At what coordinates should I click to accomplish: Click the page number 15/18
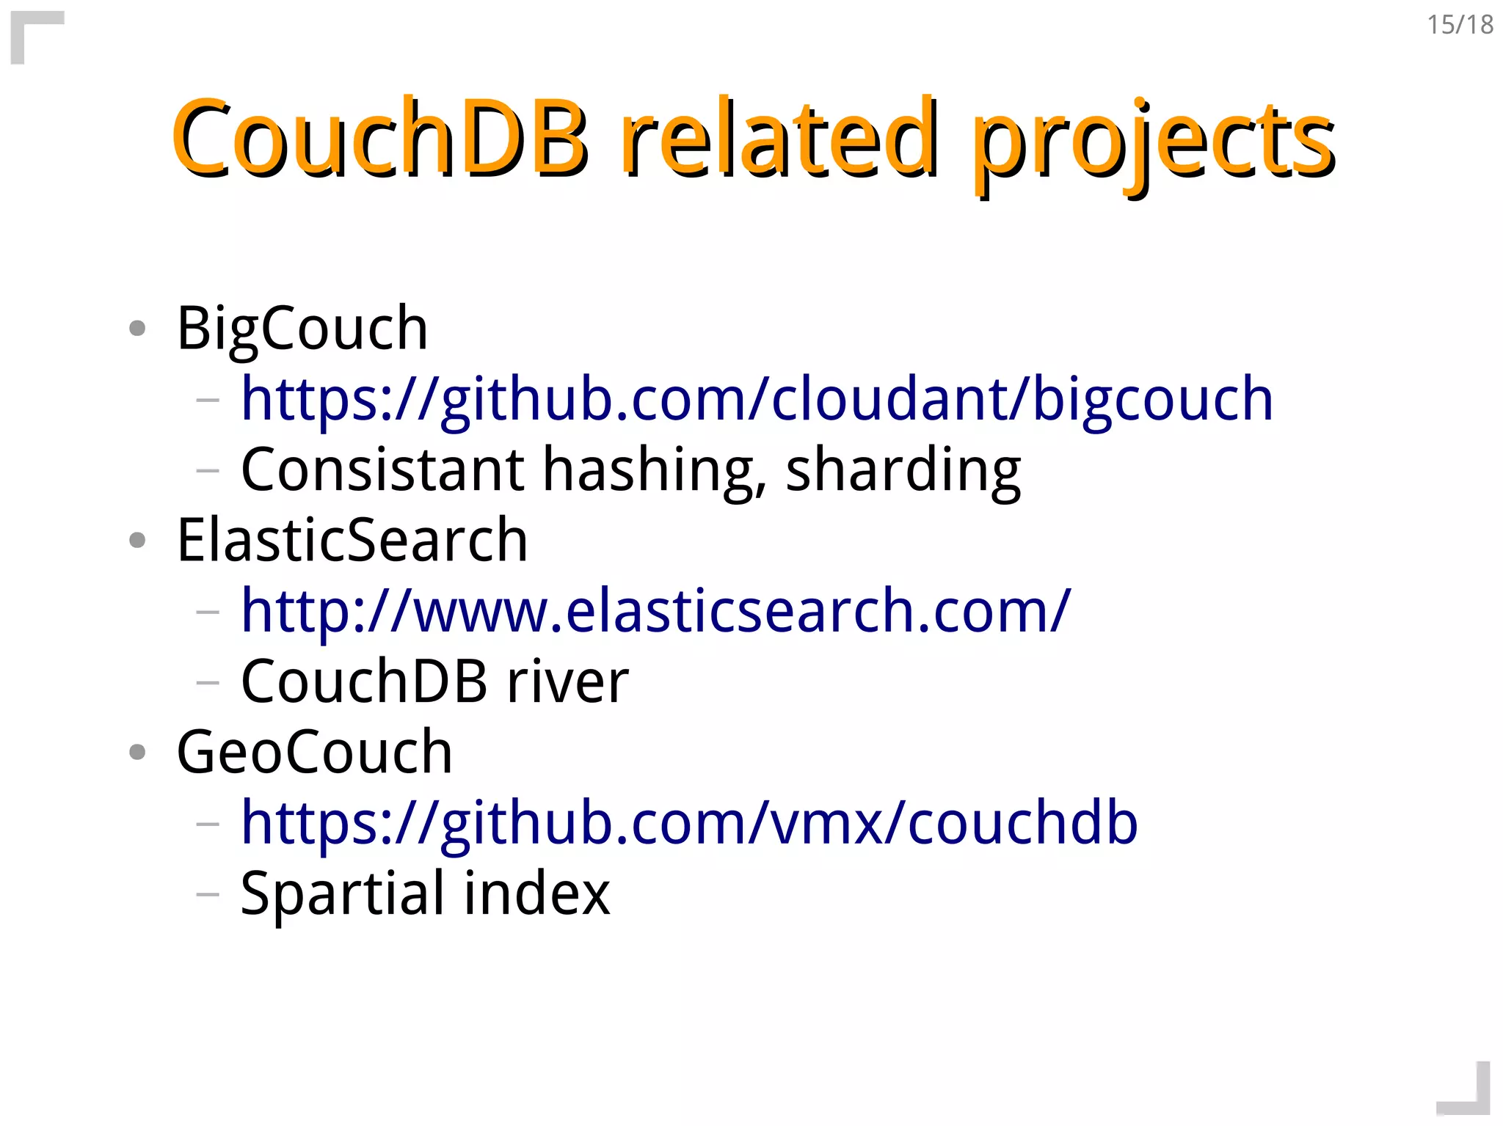(1460, 25)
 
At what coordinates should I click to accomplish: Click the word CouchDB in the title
(379, 139)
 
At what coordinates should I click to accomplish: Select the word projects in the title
(1154, 143)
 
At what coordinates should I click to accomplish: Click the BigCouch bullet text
(302, 328)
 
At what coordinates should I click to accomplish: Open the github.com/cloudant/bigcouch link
(757, 399)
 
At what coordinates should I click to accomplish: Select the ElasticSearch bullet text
(352, 540)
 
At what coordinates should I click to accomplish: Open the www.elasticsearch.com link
(655, 611)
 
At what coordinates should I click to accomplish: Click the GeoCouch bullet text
(314, 752)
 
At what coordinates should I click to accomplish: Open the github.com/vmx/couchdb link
(689, 823)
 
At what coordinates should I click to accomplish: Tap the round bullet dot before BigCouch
(137, 328)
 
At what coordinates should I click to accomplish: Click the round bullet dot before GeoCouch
(137, 752)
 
